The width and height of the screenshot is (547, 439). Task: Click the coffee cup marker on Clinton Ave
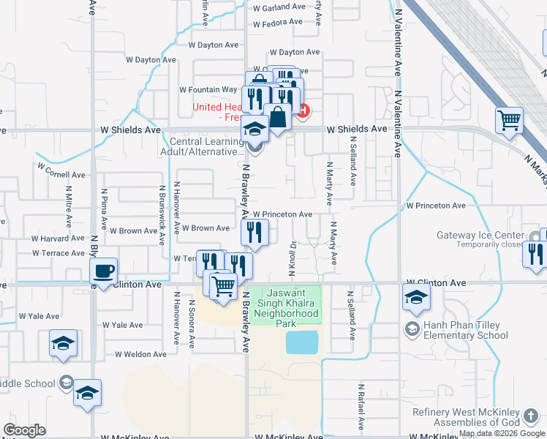[x=103, y=271]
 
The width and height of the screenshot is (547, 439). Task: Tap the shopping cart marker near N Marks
[x=510, y=119]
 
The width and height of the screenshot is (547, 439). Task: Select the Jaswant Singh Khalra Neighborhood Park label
[x=287, y=303]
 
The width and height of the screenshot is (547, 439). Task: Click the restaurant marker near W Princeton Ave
[x=254, y=233]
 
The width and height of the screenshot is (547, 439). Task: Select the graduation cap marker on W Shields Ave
[x=254, y=130]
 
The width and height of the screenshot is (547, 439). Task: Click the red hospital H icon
[x=303, y=111]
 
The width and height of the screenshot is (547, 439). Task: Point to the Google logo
[x=24, y=429]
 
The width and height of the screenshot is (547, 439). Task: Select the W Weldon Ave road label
[x=140, y=354]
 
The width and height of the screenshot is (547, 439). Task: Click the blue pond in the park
[x=303, y=342]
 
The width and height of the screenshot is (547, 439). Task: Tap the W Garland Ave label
[x=279, y=7]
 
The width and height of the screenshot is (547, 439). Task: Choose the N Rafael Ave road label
[x=361, y=405]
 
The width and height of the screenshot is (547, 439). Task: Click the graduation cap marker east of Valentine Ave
[x=416, y=296]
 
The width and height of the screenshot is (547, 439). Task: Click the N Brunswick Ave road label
[x=162, y=209]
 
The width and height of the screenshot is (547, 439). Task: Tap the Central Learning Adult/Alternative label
[x=206, y=147]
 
